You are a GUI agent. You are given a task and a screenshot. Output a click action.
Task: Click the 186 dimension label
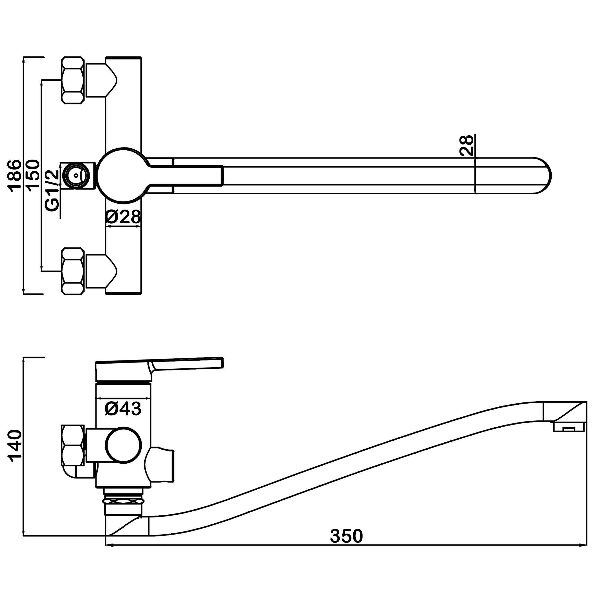[x=15, y=175]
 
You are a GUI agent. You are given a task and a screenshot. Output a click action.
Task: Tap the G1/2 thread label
[x=52, y=191]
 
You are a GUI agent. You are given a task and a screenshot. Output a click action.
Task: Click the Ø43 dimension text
[x=123, y=409]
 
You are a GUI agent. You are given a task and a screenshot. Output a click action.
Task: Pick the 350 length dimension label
[x=346, y=536]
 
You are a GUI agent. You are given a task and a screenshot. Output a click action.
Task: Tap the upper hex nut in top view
[x=73, y=80]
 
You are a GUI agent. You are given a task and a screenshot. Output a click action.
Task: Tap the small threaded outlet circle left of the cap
[x=76, y=176]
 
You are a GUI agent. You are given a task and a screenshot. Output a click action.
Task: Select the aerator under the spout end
[x=569, y=427]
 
